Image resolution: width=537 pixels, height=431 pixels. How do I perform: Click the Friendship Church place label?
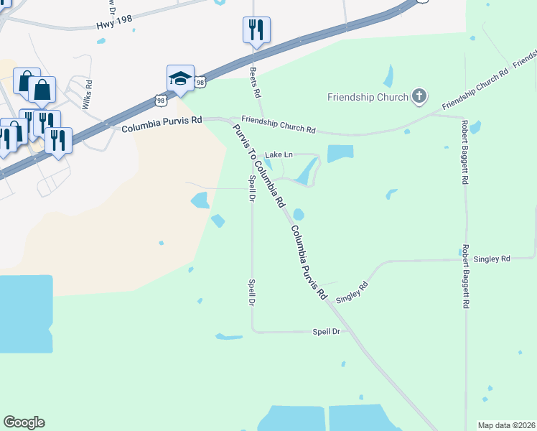click(368, 97)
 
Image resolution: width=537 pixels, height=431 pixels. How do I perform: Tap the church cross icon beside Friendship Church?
click(419, 96)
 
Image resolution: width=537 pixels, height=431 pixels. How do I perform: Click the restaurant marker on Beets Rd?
click(256, 30)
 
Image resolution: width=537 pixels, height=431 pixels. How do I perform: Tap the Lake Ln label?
click(279, 154)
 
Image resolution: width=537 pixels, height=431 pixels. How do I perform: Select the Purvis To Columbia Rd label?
click(258, 164)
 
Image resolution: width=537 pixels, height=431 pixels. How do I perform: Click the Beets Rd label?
click(253, 83)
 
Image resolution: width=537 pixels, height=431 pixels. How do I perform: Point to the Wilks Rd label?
click(87, 96)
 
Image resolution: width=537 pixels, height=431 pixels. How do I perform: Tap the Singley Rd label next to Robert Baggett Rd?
click(495, 258)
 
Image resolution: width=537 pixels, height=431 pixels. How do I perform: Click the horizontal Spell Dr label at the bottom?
click(325, 332)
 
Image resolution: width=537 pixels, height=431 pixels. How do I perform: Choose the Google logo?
click(24, 422)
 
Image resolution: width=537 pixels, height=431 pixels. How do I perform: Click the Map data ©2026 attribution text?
click(506, 425)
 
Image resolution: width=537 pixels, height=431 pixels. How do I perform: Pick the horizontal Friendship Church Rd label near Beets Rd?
click(279, 124)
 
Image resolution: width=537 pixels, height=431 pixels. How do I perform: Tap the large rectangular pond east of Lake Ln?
click(340, 153)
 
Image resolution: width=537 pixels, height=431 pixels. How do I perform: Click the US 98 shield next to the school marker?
click(200, 83)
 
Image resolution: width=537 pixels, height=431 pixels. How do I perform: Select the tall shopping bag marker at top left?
click(42, 90)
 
